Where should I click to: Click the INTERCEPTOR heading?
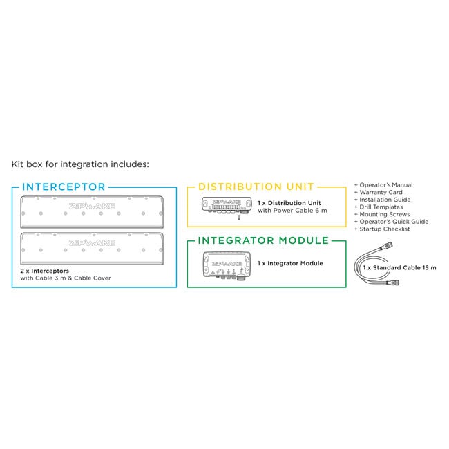64,187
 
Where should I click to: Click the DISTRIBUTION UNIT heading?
256,187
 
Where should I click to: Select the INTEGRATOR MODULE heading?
262,240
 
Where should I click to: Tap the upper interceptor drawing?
93,211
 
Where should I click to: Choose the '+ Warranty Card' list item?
377,193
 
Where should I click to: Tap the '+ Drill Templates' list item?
380,207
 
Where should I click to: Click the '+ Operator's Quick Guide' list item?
391,222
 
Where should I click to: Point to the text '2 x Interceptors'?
45,271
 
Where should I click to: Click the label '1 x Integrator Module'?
289,263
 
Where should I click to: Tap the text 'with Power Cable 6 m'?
292,210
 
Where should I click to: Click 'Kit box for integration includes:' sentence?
79,165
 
